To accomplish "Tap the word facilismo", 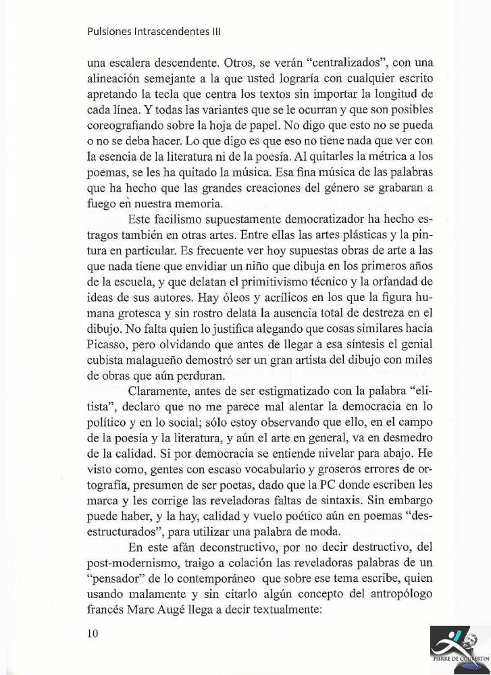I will click(x=180, y=222).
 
